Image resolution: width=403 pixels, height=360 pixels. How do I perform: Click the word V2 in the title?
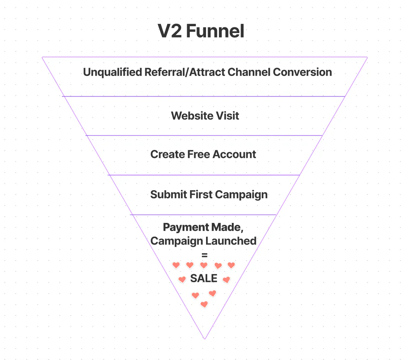(170, 32)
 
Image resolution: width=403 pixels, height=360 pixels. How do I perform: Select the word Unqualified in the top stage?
(113, 72)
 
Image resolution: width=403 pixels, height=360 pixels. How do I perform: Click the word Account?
(235, 155)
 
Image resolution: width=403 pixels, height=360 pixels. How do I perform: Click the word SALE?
(204, 278)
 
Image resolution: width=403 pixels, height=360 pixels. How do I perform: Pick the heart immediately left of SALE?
(182, 279)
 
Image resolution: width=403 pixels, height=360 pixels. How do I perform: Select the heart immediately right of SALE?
(226, 280)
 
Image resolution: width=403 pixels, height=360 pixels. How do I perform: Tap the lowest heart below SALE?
(204, 304)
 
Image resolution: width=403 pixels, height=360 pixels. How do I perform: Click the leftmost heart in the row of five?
(176, 265)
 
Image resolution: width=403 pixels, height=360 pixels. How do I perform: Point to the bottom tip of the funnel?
(205, 338)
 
